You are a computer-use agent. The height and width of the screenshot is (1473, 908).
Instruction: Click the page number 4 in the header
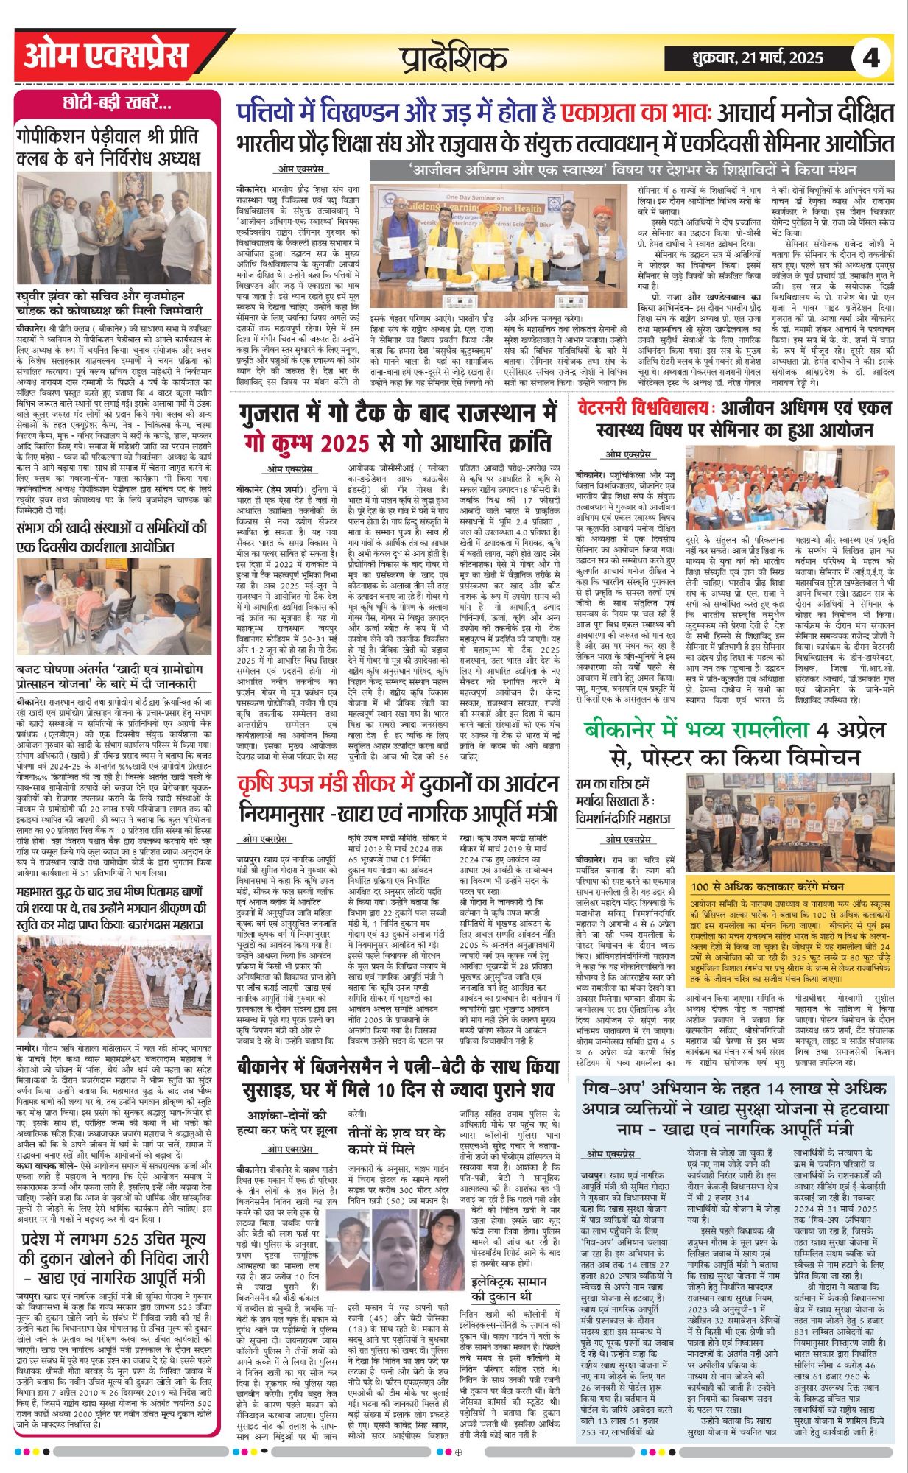871,57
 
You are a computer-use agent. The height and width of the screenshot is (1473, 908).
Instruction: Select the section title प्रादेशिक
454,58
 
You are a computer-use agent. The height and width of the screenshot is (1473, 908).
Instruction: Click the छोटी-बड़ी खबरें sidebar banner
117,104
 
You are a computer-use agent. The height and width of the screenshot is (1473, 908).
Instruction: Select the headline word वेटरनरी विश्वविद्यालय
644,408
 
